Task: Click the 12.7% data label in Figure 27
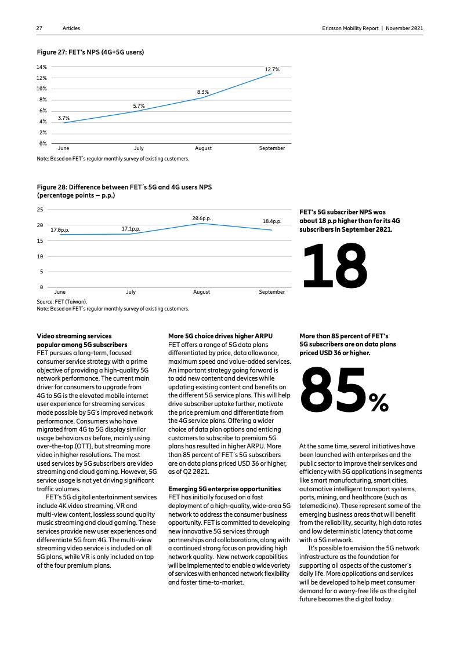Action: pos(272,70)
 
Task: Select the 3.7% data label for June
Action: pos(64,118)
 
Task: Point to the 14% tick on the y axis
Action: pos(42,67)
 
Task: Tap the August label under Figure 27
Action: pos(203,148)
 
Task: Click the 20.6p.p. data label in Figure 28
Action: pos(201,218)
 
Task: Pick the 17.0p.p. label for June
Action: pos(60,230)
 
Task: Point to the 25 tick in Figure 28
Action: pos(40,209)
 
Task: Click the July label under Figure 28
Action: pos(131,292)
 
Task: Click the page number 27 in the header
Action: pos(39,28)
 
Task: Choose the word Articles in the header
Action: pos(72,28)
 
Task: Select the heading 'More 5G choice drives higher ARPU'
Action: pos(220,336)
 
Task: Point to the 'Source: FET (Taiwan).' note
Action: pos(61,302)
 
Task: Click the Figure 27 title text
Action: pos(90,52)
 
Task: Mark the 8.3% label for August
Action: pos(203,92)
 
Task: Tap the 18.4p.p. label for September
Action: pos(272,221)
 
